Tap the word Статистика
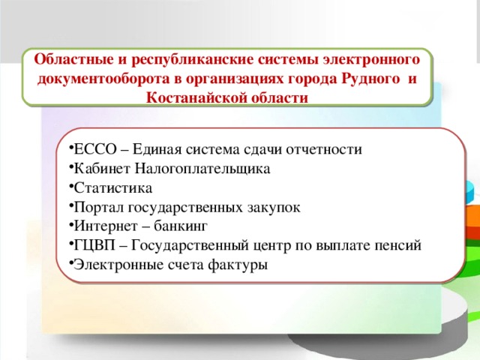(111, 188)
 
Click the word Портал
(99, 208)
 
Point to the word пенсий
(400, 246)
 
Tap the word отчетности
(324, 149)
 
